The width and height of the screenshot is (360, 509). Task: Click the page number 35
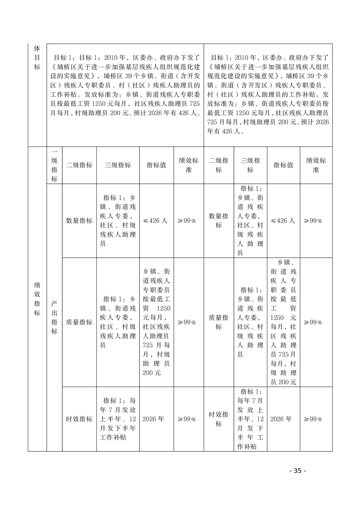click(297, 470)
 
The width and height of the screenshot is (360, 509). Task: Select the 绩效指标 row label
click(37, 299)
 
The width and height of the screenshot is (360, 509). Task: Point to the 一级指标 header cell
click(54, 165)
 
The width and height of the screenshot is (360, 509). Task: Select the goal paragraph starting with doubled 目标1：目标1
click(126, 86)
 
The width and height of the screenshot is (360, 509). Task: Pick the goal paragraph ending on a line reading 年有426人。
click(268, 95)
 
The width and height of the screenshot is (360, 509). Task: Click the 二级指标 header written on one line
click(79, 165)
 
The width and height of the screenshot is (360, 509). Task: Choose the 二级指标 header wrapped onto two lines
click(219, 165)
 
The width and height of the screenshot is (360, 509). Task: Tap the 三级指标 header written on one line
click(118, 165)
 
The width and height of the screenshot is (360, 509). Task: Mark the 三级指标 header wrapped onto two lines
click(250, 165)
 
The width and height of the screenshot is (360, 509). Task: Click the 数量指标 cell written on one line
click(79, 220)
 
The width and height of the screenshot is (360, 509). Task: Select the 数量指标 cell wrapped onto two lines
click(219, 220)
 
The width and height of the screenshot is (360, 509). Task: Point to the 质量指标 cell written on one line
click(79, 322)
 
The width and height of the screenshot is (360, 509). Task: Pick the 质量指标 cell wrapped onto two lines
click(219, 322)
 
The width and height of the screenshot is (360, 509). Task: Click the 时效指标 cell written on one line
click(79, 419)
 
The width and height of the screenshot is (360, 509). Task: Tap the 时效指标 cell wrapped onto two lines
click(219, 419)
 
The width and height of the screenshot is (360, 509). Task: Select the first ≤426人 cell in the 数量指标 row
click(156, 220)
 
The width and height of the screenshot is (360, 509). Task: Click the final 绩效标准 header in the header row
click(316, 165)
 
